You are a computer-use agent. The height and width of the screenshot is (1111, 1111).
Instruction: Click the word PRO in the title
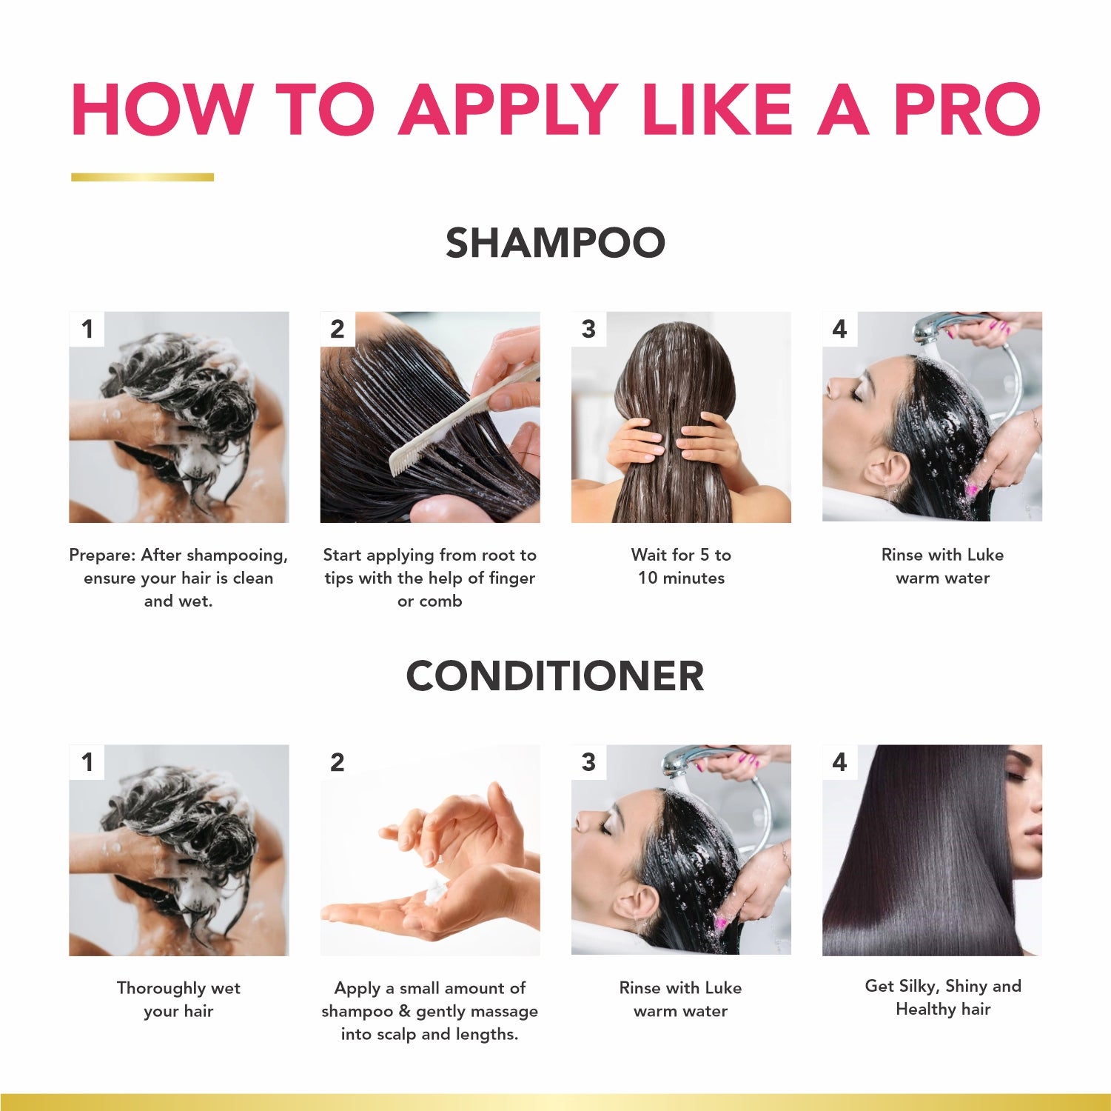click(967, 110)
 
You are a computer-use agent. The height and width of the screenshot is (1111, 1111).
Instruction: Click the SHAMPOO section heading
click(555, 243)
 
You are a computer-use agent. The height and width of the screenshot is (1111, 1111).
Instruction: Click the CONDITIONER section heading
click(555, 676)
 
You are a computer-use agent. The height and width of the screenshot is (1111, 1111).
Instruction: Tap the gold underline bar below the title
click(142, 177)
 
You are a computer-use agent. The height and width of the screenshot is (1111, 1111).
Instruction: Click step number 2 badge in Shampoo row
click(338, 329)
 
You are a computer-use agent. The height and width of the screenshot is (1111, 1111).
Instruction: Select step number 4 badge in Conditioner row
click(839, 762)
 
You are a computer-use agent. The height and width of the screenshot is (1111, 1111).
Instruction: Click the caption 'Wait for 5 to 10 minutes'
click(681, 567)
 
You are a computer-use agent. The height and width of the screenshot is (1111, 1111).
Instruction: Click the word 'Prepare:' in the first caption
click(102, 555)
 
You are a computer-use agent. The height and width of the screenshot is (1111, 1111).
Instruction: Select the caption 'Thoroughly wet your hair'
click(178, 999)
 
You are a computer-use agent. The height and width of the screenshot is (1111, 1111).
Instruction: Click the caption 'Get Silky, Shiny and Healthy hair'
click(943, 997)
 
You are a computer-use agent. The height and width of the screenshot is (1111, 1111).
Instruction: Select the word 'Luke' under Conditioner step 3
click(722, 988)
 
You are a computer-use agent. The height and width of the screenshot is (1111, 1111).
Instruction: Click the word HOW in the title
click(163, 110)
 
